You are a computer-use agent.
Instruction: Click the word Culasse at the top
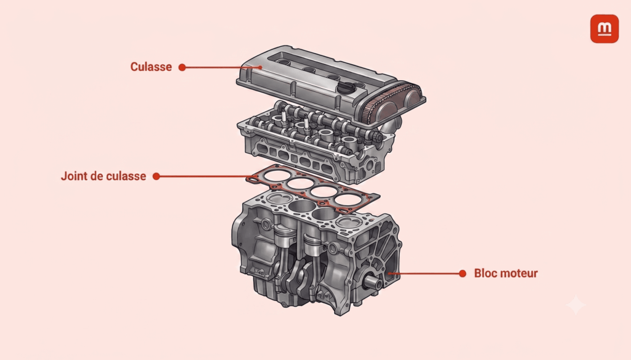[x=151, y=67]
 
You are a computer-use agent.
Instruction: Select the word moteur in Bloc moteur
[x=519, y=274]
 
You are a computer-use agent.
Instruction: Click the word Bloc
[x=485, y=274]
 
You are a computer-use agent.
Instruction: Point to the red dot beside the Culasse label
[x=182, y=67]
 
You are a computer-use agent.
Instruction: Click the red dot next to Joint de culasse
[x=157, y=176]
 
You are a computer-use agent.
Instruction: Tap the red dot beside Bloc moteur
[x=462, y=274]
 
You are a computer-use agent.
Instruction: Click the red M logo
[x=605, y=28]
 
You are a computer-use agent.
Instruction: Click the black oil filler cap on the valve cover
[x=346, y=88]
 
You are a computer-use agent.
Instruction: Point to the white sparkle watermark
[x=576, y=305]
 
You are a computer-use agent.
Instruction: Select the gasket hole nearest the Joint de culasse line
[x=277, y=176]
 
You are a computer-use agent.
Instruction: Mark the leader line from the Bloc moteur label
[x=425, y=274]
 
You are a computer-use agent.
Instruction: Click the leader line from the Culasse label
[x=222, y=67]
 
